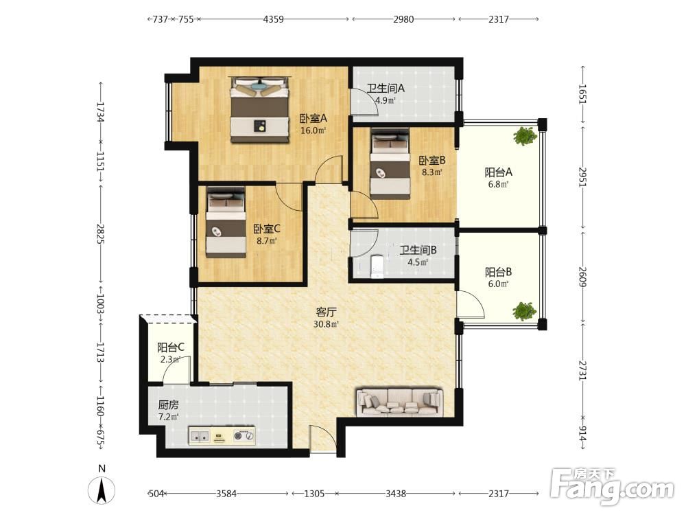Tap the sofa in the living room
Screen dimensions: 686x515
pyautogui.click(x=399, y=402)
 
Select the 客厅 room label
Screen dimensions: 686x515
pyautogui.click(x=326, y=312)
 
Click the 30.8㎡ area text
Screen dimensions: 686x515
pyautogui.click(x=326, y=325)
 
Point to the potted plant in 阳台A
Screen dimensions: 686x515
pyautogui.click(x=525, y=136)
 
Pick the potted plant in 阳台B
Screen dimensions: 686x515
pyautogui.click(x=524, y=311)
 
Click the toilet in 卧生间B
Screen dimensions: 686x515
pyautogui.click(x=377, y=266)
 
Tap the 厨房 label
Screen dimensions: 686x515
pyautogui.click(x=169, y=404)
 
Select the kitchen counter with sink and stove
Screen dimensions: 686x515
pyautogui.click(x=222, y=436)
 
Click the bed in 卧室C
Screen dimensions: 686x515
pyautogui.click(x=226, y=222)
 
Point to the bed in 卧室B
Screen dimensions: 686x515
pyautogui.click(x=390, y=163)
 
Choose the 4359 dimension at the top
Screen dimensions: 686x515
pyautogui.click(x=273, y=19)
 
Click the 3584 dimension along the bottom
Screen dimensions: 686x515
pyautogui.click(x=226, y=494)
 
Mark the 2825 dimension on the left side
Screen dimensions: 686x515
pyautogui.click(x=101, y=234)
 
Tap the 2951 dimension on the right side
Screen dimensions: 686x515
pyautogui.click(x=582, y=177)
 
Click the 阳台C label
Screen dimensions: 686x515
pyautogui.click(x=171, y=347)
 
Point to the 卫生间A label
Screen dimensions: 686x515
pyautogui.click(x=386, y=88)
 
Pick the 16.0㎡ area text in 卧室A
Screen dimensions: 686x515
pyautogui.click(x=314, y=130)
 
